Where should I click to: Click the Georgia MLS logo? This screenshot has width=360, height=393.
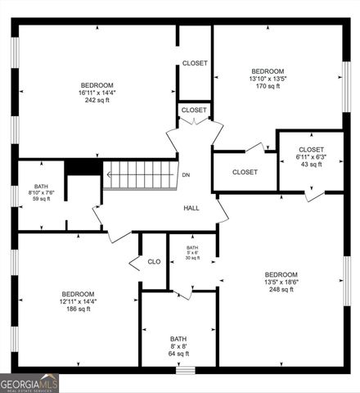(29, 382)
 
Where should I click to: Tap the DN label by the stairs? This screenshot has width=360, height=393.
(186, 175)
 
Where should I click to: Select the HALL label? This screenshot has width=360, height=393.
(191, 208)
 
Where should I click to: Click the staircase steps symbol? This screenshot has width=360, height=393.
(137, 174)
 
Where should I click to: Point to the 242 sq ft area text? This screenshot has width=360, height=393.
(97, 102)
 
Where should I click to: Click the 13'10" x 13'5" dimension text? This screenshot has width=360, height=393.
(268, 79)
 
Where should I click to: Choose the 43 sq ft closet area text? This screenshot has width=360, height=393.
(310, 165)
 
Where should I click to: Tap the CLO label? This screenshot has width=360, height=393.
(154, 262)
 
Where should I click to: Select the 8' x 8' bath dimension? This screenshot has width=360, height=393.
(178, 347)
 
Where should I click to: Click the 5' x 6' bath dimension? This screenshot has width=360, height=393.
(192, 253)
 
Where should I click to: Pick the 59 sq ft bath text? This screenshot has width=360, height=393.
(41, 199)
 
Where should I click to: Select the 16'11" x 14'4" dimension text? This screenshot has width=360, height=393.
(97, 94)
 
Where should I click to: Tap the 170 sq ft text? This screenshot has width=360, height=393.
(268, 86)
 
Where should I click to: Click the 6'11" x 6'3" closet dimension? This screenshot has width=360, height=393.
(310, 157)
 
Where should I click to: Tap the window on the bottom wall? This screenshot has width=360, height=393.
(187, 370)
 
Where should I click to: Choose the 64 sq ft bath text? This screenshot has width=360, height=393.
(178, 355)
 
